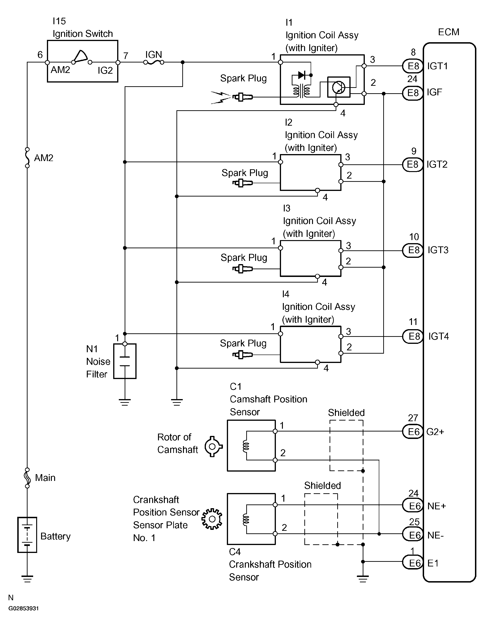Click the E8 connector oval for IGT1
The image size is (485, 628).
click(x=412, y=66)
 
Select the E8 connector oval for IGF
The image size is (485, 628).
click(x=412, y=93)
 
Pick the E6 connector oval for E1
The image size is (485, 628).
click(x=412, y=563)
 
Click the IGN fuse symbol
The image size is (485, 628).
click(x=154, y=62)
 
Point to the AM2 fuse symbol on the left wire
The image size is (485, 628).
click(x=27, y=158)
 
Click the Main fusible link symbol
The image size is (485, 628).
click(x=27, y=478)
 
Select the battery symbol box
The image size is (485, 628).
click(x=27, y=535)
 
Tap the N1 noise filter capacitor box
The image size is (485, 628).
click(x=125, y=361)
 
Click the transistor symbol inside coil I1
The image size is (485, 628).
click(x=339, y=87)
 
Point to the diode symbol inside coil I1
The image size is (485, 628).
click(x=302, y=75)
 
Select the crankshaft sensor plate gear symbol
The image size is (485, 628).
click(x=212, y=519)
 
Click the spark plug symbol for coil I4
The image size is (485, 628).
click(x=243, y=355)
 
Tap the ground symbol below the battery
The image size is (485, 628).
click(x=27, y=579)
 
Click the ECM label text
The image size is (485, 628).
click(x=448, y=32)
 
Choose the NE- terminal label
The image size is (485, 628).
click(x=436, y=535)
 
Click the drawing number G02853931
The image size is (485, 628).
click(x=23, y=608)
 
